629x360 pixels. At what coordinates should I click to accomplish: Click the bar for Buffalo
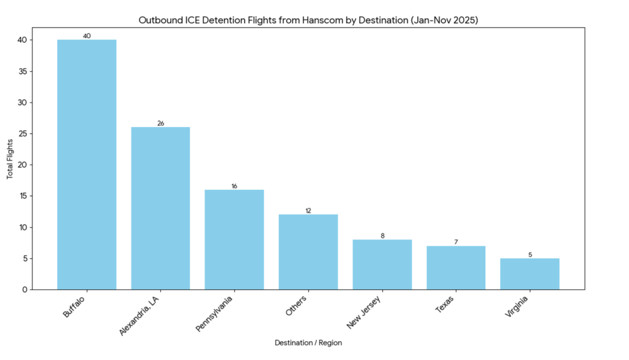(87, 165)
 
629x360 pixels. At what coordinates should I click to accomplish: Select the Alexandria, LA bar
(160, 208)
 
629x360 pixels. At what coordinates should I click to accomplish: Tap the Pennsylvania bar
(234, 240)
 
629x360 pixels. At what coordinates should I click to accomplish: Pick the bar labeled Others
(308, 252)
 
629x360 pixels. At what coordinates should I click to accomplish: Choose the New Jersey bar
(382, 264)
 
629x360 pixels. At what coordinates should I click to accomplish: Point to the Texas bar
(456, 268)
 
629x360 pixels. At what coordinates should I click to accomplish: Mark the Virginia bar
(529, 274)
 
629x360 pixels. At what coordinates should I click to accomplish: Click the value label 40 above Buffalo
(87, 36)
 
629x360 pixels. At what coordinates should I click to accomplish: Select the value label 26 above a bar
(160, 123)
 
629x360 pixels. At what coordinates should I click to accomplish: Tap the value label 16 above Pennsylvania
(234, 186)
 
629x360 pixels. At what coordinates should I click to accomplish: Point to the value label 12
(308, 211)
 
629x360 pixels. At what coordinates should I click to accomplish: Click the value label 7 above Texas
(456, 242)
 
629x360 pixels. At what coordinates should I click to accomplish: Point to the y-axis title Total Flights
(10, 158)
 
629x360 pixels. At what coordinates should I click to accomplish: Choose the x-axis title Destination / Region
(308, 343)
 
